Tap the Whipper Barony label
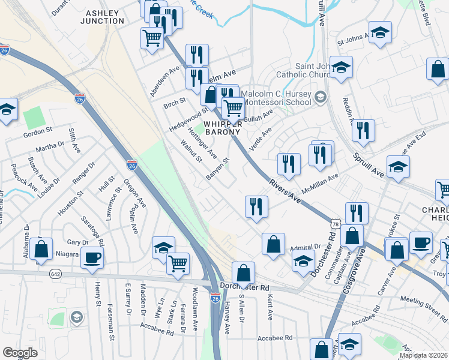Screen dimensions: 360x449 (223, 127)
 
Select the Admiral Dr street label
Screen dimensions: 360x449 (305, 247)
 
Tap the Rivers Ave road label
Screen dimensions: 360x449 (285, 192)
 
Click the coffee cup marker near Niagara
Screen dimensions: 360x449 (92, 257)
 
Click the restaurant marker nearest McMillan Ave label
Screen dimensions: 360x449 (321, 154)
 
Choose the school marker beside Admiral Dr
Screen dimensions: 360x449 (304, 260)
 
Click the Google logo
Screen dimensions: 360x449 (20, 352)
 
